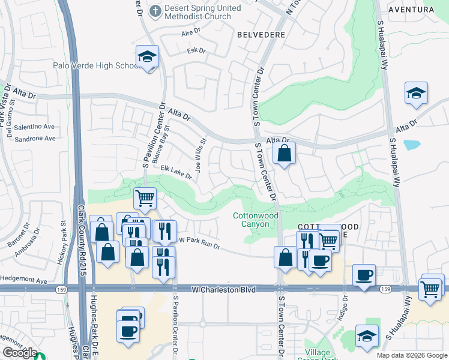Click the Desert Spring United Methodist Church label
coord(195,13)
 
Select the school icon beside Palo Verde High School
coord(146,57)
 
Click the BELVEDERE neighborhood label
coord(261,35)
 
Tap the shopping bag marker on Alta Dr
coord(285,153)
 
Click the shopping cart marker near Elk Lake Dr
coord(145,197)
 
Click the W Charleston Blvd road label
coord(224,290)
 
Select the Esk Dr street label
coord(196,50)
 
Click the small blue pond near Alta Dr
coord(412,145)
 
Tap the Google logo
coord(19,353)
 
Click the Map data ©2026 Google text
coord(411,355)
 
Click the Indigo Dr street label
coord(344,310)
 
